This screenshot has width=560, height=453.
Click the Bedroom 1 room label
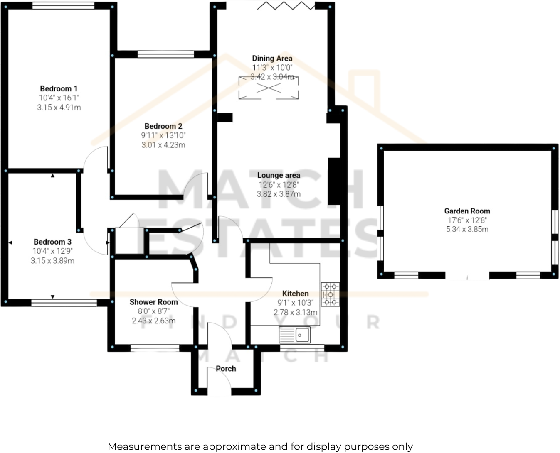point(59,88)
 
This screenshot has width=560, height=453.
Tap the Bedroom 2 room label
point(163,126)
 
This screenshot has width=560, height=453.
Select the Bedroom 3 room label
point(52,242)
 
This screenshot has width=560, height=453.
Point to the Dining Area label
point(272,59)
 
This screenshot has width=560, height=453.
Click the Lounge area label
point(279,175)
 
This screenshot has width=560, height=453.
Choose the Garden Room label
point(467,211)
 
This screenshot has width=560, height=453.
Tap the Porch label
point(226,369)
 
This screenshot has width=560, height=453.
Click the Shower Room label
point(153,302)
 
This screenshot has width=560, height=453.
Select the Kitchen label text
point(295,294)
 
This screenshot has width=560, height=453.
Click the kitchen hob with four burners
point(330,294)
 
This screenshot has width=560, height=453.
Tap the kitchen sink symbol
point(295,335)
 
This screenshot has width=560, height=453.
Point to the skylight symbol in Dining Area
point(269,88)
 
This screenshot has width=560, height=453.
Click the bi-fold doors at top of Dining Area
point(286,6)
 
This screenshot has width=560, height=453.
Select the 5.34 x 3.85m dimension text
point(467,229)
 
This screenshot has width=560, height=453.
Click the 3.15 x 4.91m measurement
point(59,108)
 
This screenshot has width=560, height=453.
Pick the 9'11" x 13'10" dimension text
point(163,135)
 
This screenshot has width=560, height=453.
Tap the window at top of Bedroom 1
point(63,6)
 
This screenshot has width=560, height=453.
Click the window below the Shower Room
point(155,348)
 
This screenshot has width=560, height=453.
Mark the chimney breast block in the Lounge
point(334,181)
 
